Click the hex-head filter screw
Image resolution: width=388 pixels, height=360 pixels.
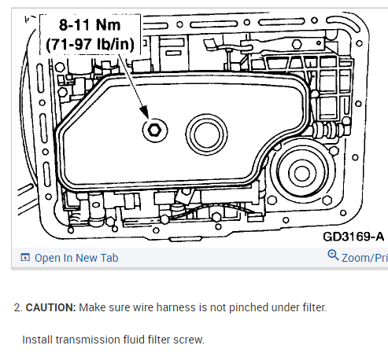[154, 130]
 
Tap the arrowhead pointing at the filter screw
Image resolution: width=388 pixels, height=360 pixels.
[145, 112]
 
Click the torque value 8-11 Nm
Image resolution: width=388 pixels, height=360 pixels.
[90, 25]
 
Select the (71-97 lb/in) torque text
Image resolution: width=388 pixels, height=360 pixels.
[90, 44]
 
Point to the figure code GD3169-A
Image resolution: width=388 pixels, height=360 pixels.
[353, 237]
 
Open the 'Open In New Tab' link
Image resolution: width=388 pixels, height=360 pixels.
[76, 258]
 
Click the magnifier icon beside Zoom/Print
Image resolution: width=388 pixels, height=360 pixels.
[333, 255]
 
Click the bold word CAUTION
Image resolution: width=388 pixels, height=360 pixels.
[50, 307]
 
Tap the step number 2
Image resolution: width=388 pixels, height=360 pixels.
[18, 307]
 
